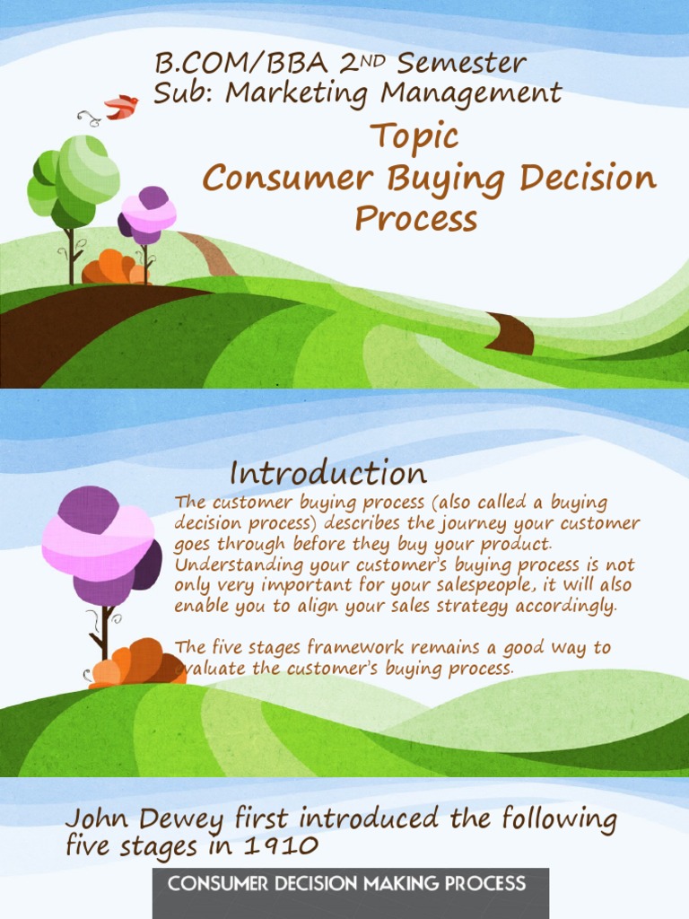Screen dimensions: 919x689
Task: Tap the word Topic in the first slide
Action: pyautogui.click(x=414, y=137)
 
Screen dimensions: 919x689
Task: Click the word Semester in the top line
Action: pyautogui.click(x=461, y=64)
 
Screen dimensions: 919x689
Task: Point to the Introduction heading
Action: pyautogui.click(x=327, y=473)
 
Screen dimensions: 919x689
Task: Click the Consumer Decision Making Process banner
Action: pyautogui.click(x=346, y=883)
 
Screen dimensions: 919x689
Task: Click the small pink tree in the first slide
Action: pyautogui.click(x=147, y=214)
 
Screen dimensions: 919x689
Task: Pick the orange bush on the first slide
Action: pyautogui.click(x=113, y=268)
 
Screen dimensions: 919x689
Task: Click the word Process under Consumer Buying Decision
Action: pyautogui.click(x=415, y=218)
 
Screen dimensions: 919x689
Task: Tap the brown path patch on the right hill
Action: pyautogui.click(x=511, y=333)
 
